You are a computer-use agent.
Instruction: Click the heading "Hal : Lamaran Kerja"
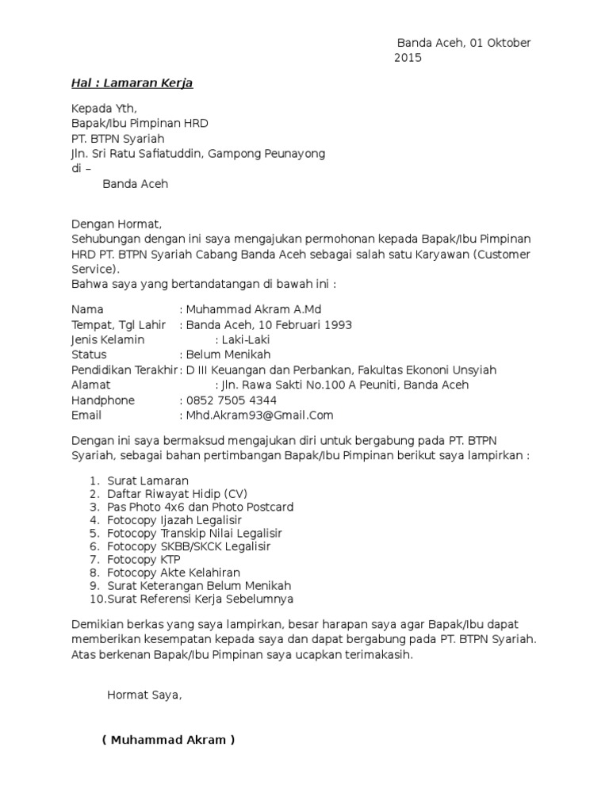[x=132, y=82]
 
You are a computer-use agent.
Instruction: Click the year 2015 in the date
[x=408, y=58]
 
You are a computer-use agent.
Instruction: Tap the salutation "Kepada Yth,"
[x=104, y=109]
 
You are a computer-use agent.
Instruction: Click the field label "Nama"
[x=87, y=309]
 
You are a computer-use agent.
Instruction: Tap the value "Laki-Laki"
[x=249, y=339]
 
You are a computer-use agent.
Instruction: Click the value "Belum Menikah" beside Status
[x=228, y=354]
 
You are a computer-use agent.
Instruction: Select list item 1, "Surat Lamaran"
[x=147, y=481]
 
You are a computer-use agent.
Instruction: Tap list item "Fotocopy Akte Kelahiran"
[x=173, y=573]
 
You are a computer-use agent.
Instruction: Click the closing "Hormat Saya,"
[x=144, y=695]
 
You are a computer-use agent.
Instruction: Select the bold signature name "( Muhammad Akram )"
[x=168, y=741]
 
